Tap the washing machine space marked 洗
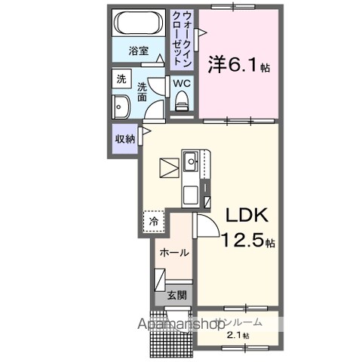point(121,78)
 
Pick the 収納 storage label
point(125,138)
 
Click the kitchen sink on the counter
point(192,161)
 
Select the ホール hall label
point(173,253)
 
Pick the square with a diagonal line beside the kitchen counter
point(168,165)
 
